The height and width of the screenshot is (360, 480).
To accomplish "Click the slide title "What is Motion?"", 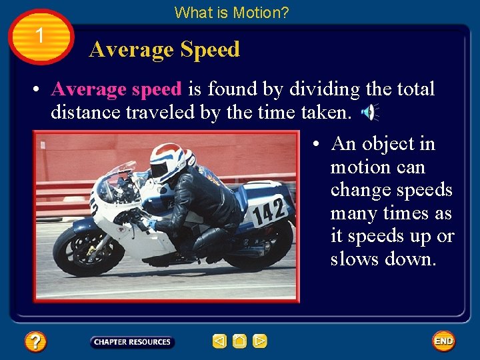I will (x=231, y=12).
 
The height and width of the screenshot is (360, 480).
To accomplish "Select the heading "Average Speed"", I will (x=164, y=49).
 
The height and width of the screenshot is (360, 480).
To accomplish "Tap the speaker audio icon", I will (x=369, y=113).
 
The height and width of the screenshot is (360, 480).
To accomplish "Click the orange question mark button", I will (x=35, y=342).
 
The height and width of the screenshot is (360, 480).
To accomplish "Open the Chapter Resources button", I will (x=132, y=342).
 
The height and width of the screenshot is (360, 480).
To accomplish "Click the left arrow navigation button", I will (x=219, y=341).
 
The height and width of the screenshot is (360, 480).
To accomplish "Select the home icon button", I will (x=240, y=341).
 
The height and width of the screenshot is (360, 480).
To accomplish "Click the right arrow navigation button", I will (x=260, y=341).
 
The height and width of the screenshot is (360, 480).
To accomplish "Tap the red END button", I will (x=443, y=341).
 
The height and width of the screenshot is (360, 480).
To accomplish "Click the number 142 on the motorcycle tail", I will (x=270, y=211).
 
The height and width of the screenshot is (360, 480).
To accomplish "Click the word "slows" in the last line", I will (x=355, y=259).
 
